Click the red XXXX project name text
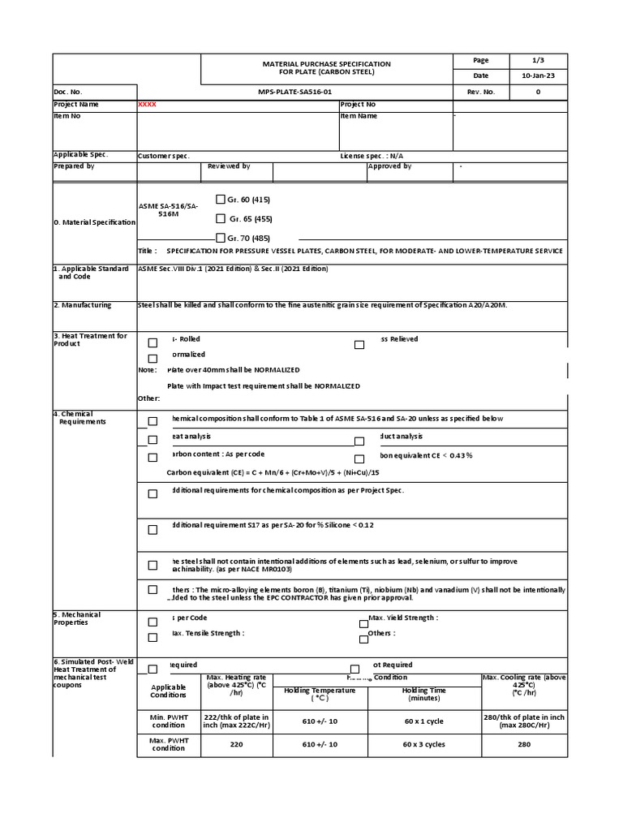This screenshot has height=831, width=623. pyautogui.click(x=148, y=105)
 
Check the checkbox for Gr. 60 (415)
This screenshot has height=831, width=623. pyautogui.click(x=221, y=200)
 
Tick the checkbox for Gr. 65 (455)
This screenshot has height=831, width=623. pyautogui.click(x=221, y=218)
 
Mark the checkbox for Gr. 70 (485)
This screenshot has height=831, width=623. pyautogui.click(x=221, y=238)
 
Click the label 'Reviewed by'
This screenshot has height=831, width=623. pyautogui.click(x=229, y=166)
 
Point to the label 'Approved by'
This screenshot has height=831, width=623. pyautogui.click(x=390, y=166)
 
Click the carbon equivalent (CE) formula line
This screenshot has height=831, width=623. pyautogui.click(x=273, y=472)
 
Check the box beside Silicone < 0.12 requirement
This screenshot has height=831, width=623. pyautogui.click(x=153, y=530)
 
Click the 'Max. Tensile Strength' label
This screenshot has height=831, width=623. pyautogui.click(x=207, y=633)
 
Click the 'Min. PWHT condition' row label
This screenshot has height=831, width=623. pyautogui.click(x=169, y=721)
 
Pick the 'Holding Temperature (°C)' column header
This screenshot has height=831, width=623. pyautogui.click(x=320, y=694)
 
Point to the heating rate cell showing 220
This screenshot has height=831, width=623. pyautogui.click(x=237, y=743)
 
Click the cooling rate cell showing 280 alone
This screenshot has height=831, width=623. pyautogui.click(x=524, y=743)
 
